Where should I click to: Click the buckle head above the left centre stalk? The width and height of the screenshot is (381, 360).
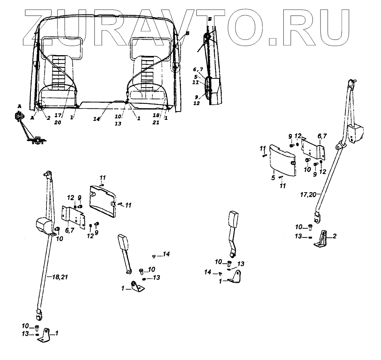(124, 242)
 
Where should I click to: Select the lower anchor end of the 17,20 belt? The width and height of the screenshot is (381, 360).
(317, 218)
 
